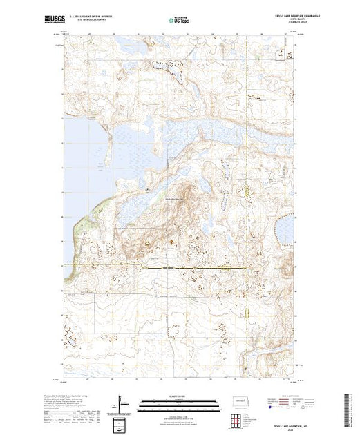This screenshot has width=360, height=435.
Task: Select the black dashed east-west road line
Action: (159, 266)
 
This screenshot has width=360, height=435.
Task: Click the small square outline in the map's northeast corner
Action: (280, 52)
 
